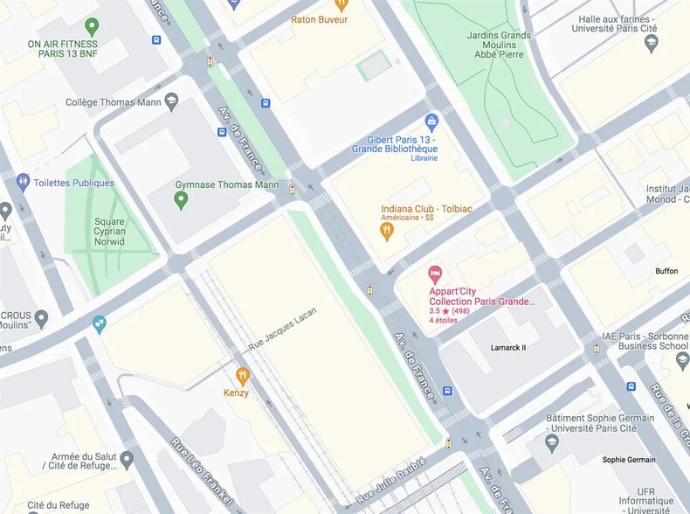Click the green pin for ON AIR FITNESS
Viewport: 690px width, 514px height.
point(91,26)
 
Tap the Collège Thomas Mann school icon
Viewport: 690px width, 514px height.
point(171,102)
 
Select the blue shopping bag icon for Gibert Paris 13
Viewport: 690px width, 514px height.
point(431,122)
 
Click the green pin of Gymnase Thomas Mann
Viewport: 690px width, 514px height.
point(181,200)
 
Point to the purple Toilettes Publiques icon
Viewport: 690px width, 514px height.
point(24,183)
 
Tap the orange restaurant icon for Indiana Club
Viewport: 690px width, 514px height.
point(387,231)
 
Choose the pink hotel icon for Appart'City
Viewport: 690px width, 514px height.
point(434,274)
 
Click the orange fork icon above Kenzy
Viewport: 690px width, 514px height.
point(242,376)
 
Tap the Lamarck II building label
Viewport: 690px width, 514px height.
point(508,348)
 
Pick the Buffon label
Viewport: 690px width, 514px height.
point(666,271)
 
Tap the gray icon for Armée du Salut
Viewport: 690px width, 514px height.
point(127,458)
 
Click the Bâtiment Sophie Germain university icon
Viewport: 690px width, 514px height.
point(550,442)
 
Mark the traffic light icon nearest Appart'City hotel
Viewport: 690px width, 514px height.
point(369,289)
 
